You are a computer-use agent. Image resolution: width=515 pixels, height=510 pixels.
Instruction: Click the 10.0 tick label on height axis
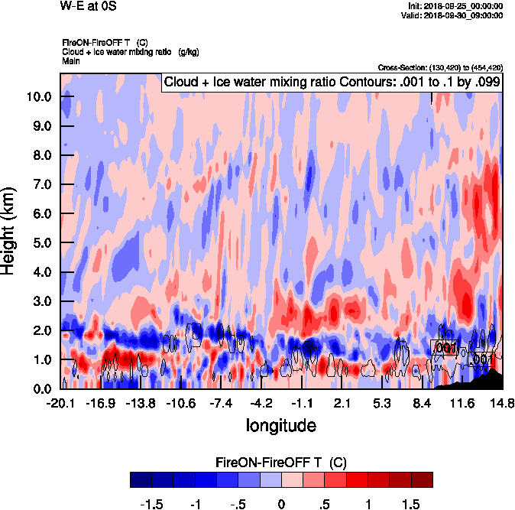[x=38, y=97]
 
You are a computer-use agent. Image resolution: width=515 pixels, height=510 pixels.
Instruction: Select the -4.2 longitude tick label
[x=262, y=403]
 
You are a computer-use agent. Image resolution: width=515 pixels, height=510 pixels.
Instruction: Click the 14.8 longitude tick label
[x=501, y=403]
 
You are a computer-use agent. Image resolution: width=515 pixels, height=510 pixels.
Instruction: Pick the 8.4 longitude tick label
[x=423, y=403]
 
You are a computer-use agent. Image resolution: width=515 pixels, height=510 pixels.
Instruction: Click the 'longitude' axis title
[x=280, y=424]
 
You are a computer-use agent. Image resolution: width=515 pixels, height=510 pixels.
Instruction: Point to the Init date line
[x=456, y=6]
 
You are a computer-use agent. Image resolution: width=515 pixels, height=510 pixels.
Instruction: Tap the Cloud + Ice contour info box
[x=332, y=82]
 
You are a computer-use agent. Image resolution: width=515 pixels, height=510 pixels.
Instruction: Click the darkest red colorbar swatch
[x=422, y=479]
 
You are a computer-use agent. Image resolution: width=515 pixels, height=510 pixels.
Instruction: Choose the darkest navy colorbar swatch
[x=141, y=479]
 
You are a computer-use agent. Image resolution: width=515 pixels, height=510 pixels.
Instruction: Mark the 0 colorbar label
[x=281, y=505]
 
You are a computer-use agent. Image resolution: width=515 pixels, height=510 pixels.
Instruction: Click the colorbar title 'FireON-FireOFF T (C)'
[x=281, y=463]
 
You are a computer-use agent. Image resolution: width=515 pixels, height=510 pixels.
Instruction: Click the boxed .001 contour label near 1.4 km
[x=444, y=349]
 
